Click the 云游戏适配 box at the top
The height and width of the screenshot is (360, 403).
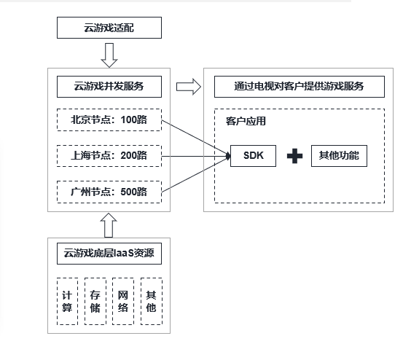(x=109, y=29)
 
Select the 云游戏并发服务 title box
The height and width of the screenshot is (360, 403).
(x=109, y=87)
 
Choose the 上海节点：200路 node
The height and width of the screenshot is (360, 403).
(x=109, y=156)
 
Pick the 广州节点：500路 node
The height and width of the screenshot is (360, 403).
(x=109, y=192)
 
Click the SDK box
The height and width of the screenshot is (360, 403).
(x=253, y=156)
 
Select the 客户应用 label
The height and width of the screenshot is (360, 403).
(x=245, y=122)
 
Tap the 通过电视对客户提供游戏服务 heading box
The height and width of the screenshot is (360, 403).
(x=299, y=87)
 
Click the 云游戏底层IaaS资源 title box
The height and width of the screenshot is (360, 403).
(x=109, y=254)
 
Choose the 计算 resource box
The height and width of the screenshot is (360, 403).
(x=66, y=300)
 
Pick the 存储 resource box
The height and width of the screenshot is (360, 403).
(x=95, y=300)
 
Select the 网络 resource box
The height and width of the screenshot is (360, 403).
(x=122, y=300)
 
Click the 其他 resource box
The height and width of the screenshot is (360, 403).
(x=151, y=300)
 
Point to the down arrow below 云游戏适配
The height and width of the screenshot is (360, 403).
(x=109, y=54)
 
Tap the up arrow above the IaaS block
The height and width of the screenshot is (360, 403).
(x=109, y=224)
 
